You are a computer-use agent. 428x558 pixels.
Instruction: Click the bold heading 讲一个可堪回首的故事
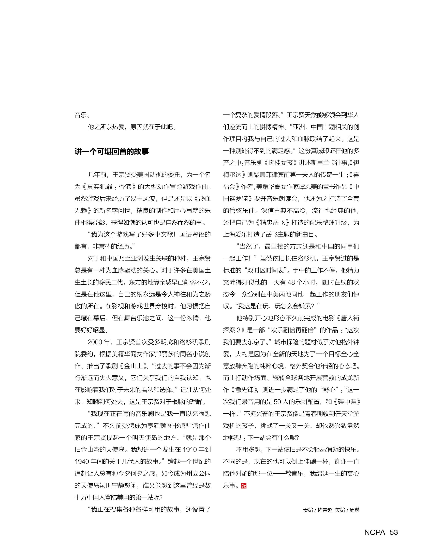(112, 152)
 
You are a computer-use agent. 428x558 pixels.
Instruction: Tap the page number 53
(394, 532)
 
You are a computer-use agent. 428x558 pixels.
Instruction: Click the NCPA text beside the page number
(375, 532)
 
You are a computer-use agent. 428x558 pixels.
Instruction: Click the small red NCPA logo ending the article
(244, 486)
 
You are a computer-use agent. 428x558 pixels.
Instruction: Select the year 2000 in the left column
(95, 342)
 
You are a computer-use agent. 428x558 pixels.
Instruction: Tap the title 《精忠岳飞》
(272, 223)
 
